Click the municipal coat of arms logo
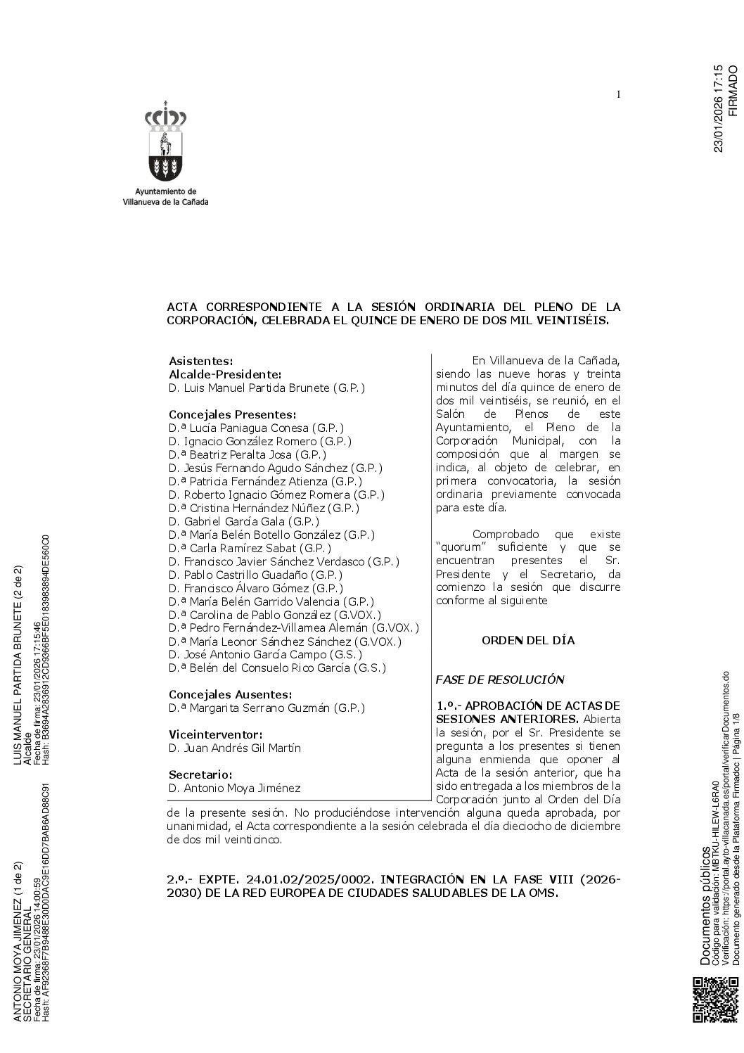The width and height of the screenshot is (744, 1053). click(x=165, y=144)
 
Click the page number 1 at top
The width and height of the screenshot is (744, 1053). click(x=617, y=95)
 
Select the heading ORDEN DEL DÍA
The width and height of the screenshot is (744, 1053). click(x=527, y=641)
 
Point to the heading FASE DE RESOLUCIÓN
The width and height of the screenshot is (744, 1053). click(x=500, y=680)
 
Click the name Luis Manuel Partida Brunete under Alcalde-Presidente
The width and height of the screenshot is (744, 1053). click(x=267, y=388)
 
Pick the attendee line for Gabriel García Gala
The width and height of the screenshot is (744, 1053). click(x=243, y=521)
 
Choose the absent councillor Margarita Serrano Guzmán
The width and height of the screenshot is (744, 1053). click(x=267, y=708)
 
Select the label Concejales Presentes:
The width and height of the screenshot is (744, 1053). click(x=232, y=414)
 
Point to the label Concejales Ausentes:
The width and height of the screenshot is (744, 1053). click(x=230, y=694)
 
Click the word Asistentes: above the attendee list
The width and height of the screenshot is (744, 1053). click(x=200, y=361)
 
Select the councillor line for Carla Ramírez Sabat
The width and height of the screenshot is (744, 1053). click(x=250, y=548)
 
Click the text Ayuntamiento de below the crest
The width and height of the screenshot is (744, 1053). click(x=165, y=191)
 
